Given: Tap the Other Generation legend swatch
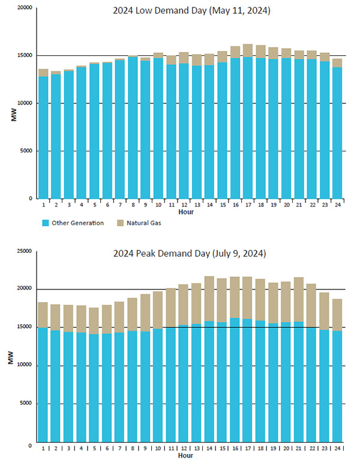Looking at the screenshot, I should pos(45,223).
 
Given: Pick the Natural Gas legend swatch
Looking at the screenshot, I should pos(117,223).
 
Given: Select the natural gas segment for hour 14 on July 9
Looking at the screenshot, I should pos(209,298).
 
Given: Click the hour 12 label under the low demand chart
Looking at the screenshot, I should pos(184,205).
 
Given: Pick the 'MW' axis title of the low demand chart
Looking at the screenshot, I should pos(13,114).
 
